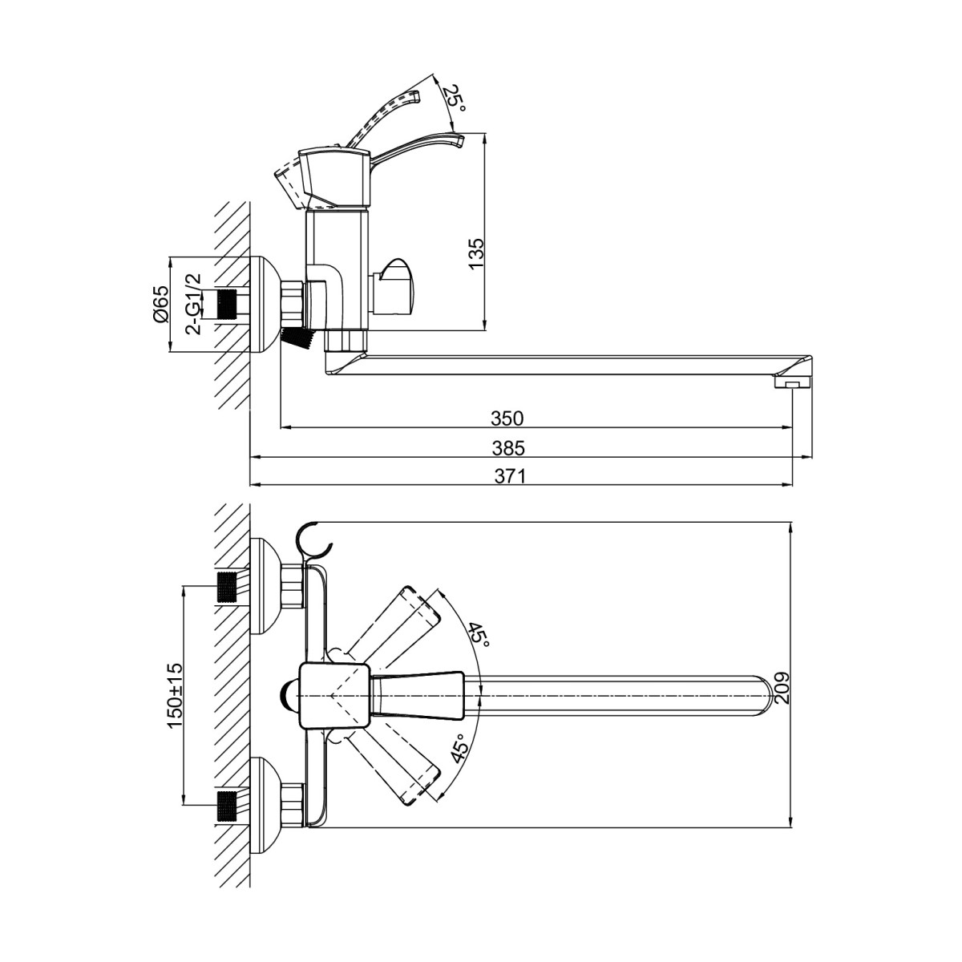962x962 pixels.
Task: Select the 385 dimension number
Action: (509, 447)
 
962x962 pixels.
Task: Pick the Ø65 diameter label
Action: (162, 305)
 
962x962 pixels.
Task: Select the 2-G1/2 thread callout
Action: (193, 304)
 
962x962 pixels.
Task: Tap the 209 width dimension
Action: (782, 689)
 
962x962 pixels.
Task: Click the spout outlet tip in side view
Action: (793, 383)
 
